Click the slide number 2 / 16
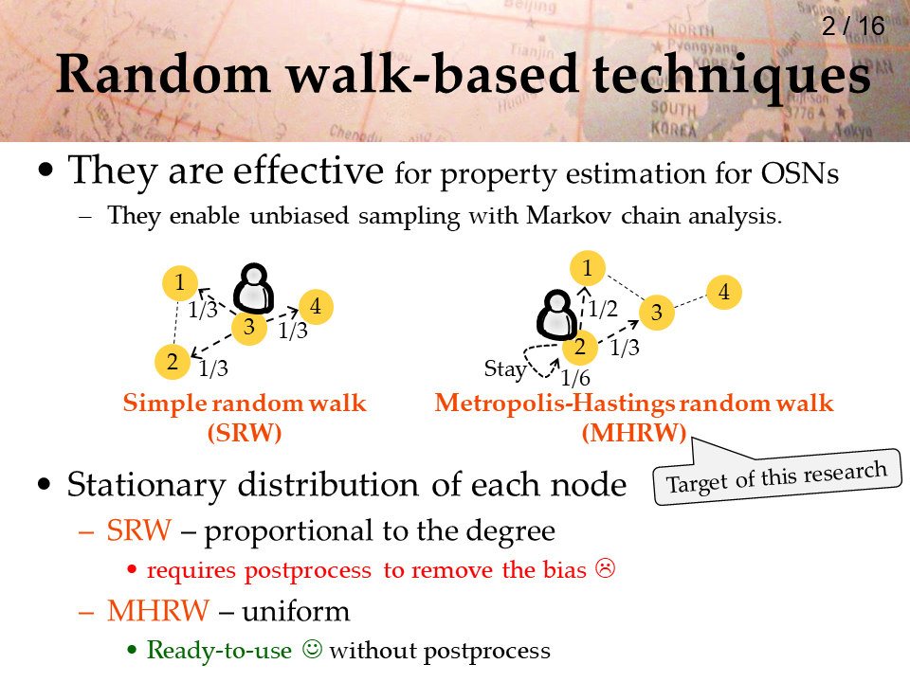coord(852,27)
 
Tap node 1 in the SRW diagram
coord(180,283)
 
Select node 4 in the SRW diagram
coord(316,306)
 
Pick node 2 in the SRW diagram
coord(173,362)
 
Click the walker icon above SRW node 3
coord(254,288)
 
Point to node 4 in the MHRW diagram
coord(723,292)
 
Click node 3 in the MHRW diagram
coord(656,312)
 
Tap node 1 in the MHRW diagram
coord(588,268)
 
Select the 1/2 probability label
coord(603,309)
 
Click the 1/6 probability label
coord(575,378)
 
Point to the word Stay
coord(505,368)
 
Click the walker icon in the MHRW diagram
coord(556,314)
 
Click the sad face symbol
coord(605,568)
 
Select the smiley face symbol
coord(312,648)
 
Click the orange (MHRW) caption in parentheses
coord(634,433)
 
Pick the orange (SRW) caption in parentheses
coord(245,433)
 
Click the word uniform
coord(296,611)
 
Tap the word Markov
coord(568,215)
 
